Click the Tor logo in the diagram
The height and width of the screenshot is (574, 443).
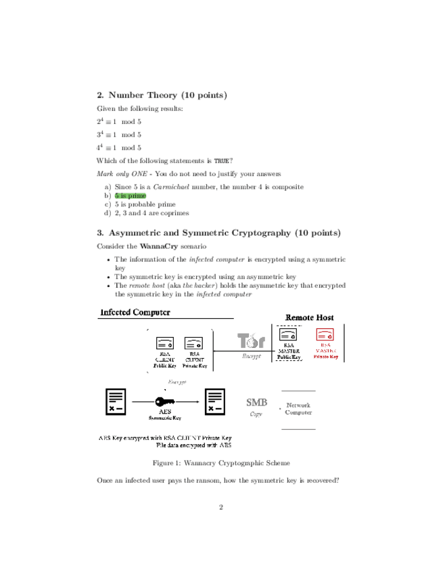(251, 341)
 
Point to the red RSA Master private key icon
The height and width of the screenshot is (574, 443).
(325, 335)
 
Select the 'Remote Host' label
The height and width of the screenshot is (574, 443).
(309, 317)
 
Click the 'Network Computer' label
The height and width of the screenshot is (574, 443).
(298, 408)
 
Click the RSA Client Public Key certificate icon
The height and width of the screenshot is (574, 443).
(166, 343)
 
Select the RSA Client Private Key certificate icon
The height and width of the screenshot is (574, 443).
(194, 343)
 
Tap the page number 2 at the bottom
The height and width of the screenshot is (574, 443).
(220, 507)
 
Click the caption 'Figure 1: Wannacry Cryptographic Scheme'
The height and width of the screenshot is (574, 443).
(221, 463)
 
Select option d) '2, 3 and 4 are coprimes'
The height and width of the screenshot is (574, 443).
(151, 213)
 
